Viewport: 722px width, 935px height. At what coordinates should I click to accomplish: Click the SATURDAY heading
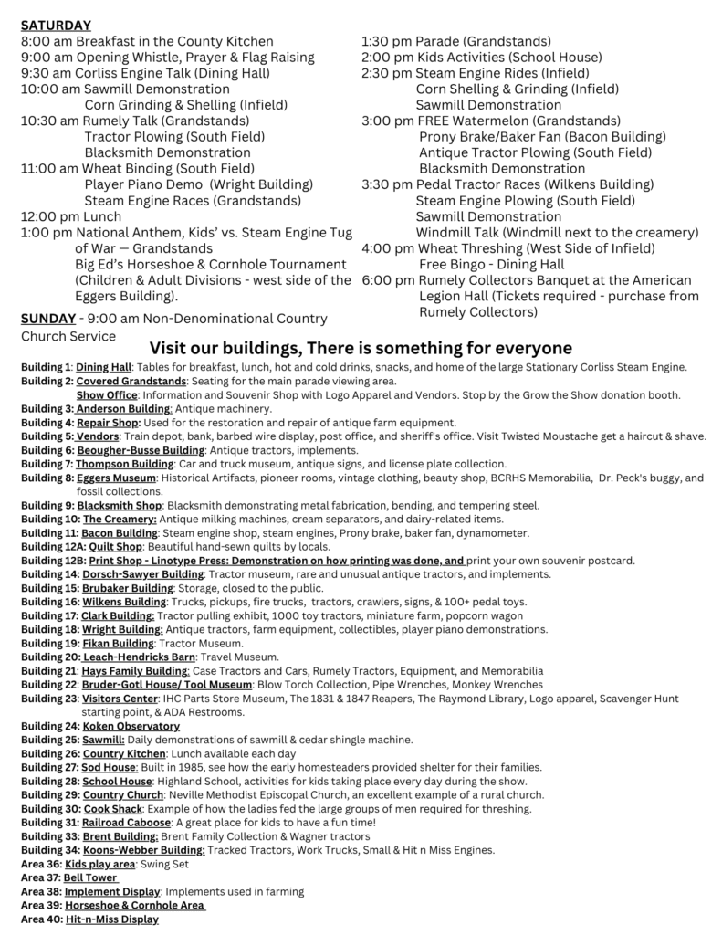pyautogui.click(x=56, y=26)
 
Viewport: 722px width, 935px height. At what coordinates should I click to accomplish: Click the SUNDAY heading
pyautogui.click(x=46, y=319)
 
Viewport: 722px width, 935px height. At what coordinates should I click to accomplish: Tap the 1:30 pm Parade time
pyautogui.click(x=387, y=41)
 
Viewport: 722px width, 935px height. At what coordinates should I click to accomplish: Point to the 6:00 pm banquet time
pyautogui.click(x=387, y=279)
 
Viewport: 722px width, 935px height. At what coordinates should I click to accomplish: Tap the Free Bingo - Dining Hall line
pyautogui.click(x=492, y=264)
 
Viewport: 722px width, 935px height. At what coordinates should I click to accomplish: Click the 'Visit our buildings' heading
pyautogui.click(x=361, y=348)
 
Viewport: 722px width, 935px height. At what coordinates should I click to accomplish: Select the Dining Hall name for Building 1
pyautogui.click(x=103, y=367)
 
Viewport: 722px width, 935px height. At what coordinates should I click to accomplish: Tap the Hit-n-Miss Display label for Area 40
pyautogui.click(x=111, y=919)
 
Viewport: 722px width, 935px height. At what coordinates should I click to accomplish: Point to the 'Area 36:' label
pyautogui.click(x=39, y=864)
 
